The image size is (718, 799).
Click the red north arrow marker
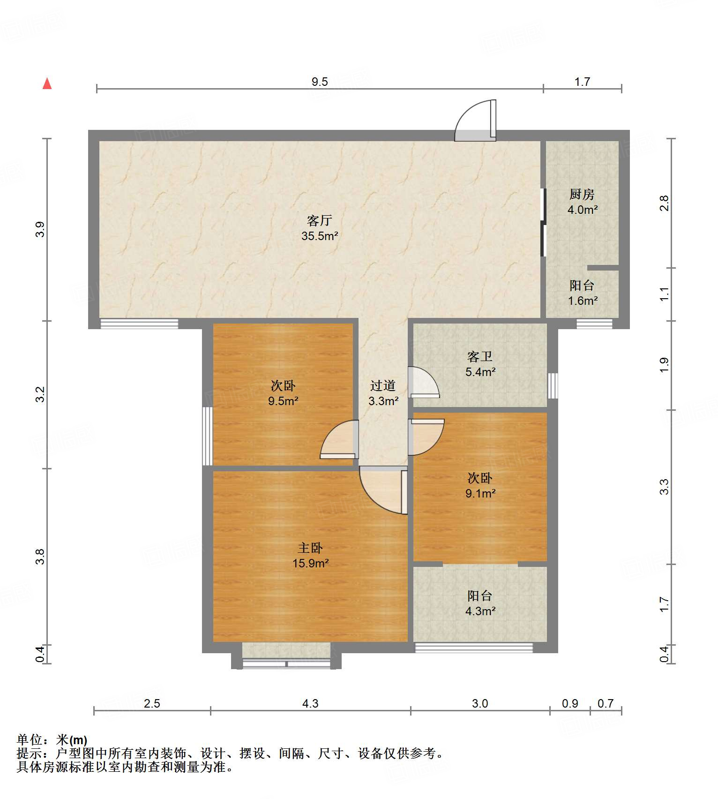(47, 83)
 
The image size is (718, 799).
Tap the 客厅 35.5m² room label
(320, 228)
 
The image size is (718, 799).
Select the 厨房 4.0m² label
(582, 202)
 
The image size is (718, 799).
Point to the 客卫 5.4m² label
(480, 364)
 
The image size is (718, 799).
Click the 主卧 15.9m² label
(310, 555)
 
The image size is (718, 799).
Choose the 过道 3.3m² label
(383, 393)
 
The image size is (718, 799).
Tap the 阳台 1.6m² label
(583, 293)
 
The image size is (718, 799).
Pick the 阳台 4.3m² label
(480, 603)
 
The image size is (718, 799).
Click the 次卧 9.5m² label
(283, 393)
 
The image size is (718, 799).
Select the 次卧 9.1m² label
(480, 485)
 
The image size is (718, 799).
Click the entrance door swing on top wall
(475, 121)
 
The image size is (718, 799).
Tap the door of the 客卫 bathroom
(424, 383)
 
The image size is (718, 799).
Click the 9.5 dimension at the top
(320, 82)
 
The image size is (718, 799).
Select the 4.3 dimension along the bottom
(310, 703)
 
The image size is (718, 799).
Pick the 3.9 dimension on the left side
(40, 229)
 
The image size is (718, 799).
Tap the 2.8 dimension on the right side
(664, 203)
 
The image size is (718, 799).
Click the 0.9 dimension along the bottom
(570, 703)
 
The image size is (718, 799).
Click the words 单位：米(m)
(52, 740)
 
